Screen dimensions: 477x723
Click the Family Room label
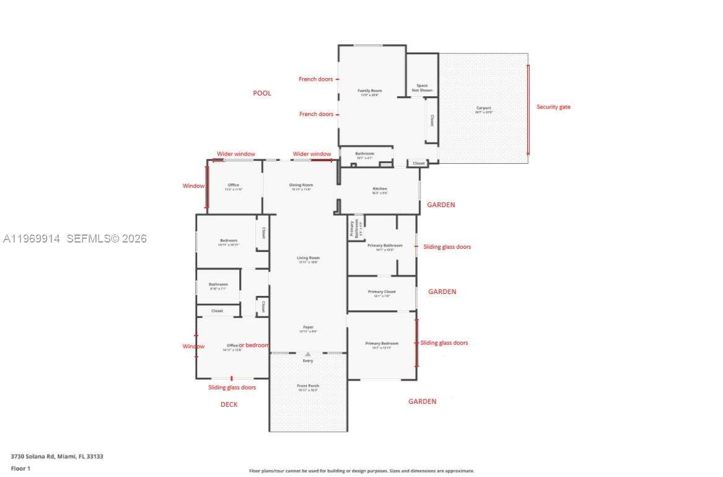point(369,91)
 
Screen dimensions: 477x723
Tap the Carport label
point(483,108)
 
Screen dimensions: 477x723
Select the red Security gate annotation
point(553,107)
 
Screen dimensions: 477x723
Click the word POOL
point(262,93)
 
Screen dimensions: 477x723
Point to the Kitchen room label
point(380,189)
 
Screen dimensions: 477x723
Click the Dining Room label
point(301,185)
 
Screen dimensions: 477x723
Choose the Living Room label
point(308,258)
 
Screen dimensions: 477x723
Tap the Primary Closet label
point(382,292)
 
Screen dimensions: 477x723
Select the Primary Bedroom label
point(382,343)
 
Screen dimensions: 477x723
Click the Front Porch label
point(308,386)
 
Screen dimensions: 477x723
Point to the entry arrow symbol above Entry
point(308,354)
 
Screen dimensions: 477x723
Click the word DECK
point(229,404)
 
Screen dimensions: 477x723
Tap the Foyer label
point(308,327)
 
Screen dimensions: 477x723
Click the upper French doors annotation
point(316,79)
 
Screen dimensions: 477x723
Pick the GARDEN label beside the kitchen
point(441,205)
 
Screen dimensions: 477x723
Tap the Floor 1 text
point(20,468)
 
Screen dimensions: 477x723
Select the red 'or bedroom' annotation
point(254,345)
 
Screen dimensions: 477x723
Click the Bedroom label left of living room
point(229,241)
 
